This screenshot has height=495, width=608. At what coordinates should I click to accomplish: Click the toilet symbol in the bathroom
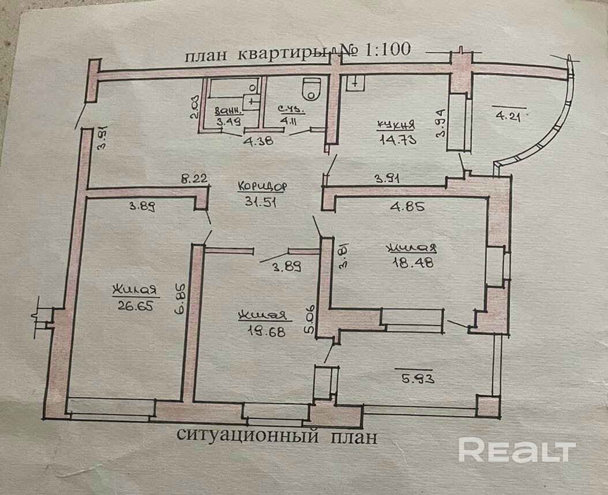311,88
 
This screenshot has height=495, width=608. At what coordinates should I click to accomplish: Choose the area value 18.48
412,261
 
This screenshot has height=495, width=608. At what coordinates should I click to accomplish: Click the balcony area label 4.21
508,114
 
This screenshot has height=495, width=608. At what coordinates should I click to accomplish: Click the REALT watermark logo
517,449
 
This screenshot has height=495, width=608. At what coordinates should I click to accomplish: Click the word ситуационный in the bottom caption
249,436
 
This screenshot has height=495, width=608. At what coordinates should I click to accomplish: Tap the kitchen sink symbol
354,83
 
